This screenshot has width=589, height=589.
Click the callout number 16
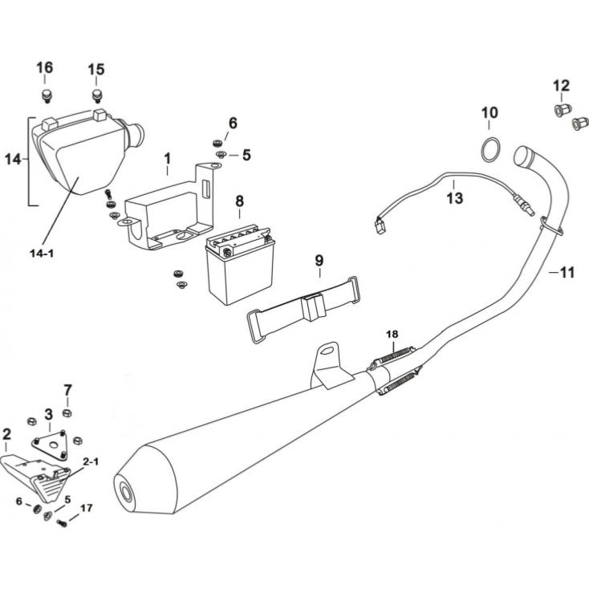click(x=44, y=67)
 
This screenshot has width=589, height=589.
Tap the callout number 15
click(x=95, y=70)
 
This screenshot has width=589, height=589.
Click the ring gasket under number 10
click(x=492, y=149)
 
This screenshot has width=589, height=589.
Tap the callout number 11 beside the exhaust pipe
click(x=567, y=273)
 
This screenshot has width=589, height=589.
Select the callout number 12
click(x=561, y=85)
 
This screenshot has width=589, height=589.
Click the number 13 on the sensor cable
click(x=455, y=197)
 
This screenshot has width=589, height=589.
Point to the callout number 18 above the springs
click(x=392, y=333)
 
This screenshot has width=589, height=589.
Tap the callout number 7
click(x=67, y=391)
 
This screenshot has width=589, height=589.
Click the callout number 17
click(x=86, y=507)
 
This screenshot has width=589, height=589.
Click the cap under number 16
click(x=46, y=96)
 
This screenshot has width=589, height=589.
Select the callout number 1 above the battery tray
click(x=168, y=157)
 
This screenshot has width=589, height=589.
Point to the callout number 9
click(x=319, y=260)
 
